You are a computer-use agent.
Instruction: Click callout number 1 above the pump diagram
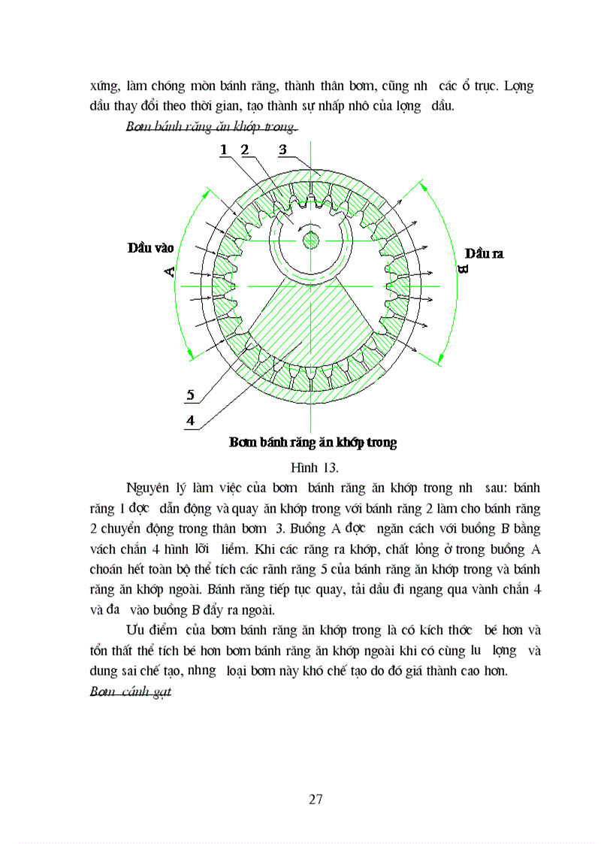coord(224,150)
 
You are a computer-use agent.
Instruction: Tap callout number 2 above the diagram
coord(245,150)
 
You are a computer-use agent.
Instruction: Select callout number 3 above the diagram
coord(282,150)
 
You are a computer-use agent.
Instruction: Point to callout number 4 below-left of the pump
coord(190,421)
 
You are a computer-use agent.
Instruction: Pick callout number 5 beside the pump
coord(190,395)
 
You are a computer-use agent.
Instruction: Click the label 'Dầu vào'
coord(150,247)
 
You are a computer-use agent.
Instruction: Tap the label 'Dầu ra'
coord(484,253)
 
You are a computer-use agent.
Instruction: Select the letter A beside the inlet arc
coord(170,271)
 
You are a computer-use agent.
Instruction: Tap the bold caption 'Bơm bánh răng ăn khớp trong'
coord(313,443)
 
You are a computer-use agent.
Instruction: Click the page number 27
coord(316,799)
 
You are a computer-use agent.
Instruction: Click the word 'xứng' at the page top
coord(104,86)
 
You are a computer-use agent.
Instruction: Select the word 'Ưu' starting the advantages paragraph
coord(137,629)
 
